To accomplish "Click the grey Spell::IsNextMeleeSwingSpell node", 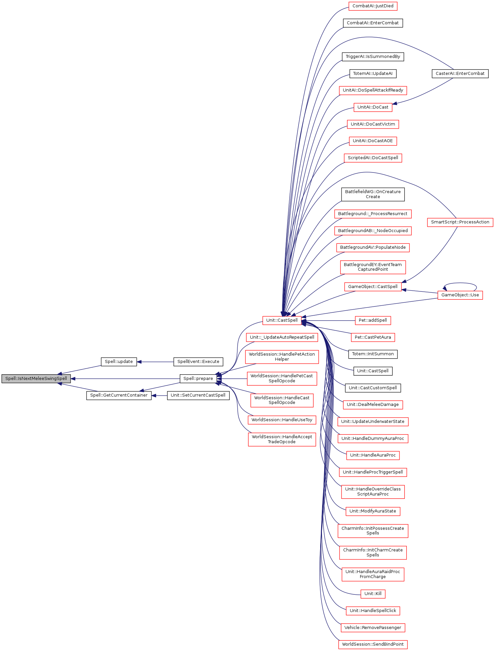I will click(36, 379).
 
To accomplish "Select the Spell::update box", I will click(119, 362).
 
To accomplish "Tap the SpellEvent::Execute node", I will click(198, 362).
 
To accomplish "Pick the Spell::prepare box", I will click(198, 379).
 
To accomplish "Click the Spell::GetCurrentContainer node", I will click(119, 395).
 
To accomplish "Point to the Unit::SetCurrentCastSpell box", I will click(198, 395).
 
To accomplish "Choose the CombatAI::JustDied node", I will click(373, 6).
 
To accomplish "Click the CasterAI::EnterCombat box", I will click(460, 74).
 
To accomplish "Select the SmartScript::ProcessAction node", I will click(460, 222).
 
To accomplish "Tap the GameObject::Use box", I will click(460, 295).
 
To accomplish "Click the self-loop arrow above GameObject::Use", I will click(460, 283).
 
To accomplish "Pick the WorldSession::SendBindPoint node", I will click(372, 644).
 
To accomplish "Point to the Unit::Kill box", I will click(372, 594).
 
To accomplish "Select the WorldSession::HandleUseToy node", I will click(282, 420).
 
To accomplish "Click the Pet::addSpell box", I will click(372, 320).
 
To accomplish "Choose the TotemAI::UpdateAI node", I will click(372, 74).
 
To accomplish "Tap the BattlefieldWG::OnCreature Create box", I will click(372, 194).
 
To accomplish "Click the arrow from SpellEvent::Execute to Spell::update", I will click(155, 362).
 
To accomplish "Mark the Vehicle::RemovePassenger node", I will click(372, 628).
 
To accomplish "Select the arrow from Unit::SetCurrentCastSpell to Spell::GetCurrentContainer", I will click(159, 396).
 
